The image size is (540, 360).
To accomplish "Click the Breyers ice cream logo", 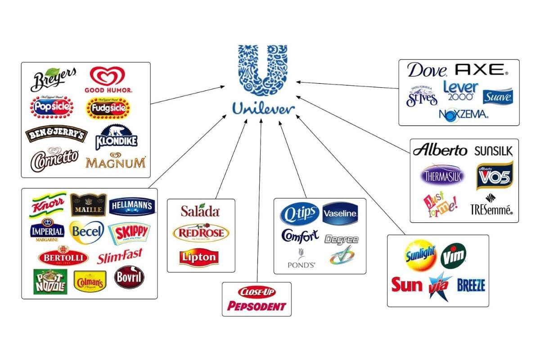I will point(53,79).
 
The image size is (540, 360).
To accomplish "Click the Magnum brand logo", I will point(116,162).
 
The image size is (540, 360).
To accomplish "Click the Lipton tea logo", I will point(199,257).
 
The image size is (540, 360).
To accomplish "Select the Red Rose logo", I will point(201,233).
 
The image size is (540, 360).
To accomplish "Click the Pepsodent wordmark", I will point(256,306).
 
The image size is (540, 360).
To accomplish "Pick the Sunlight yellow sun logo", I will point(420,254).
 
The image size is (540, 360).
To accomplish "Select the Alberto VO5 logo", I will point(494,175).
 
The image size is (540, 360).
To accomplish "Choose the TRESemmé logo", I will point(491,207).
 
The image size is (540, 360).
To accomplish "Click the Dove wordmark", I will point(427,70).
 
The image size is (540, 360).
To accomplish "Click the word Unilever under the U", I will point(263,108).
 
